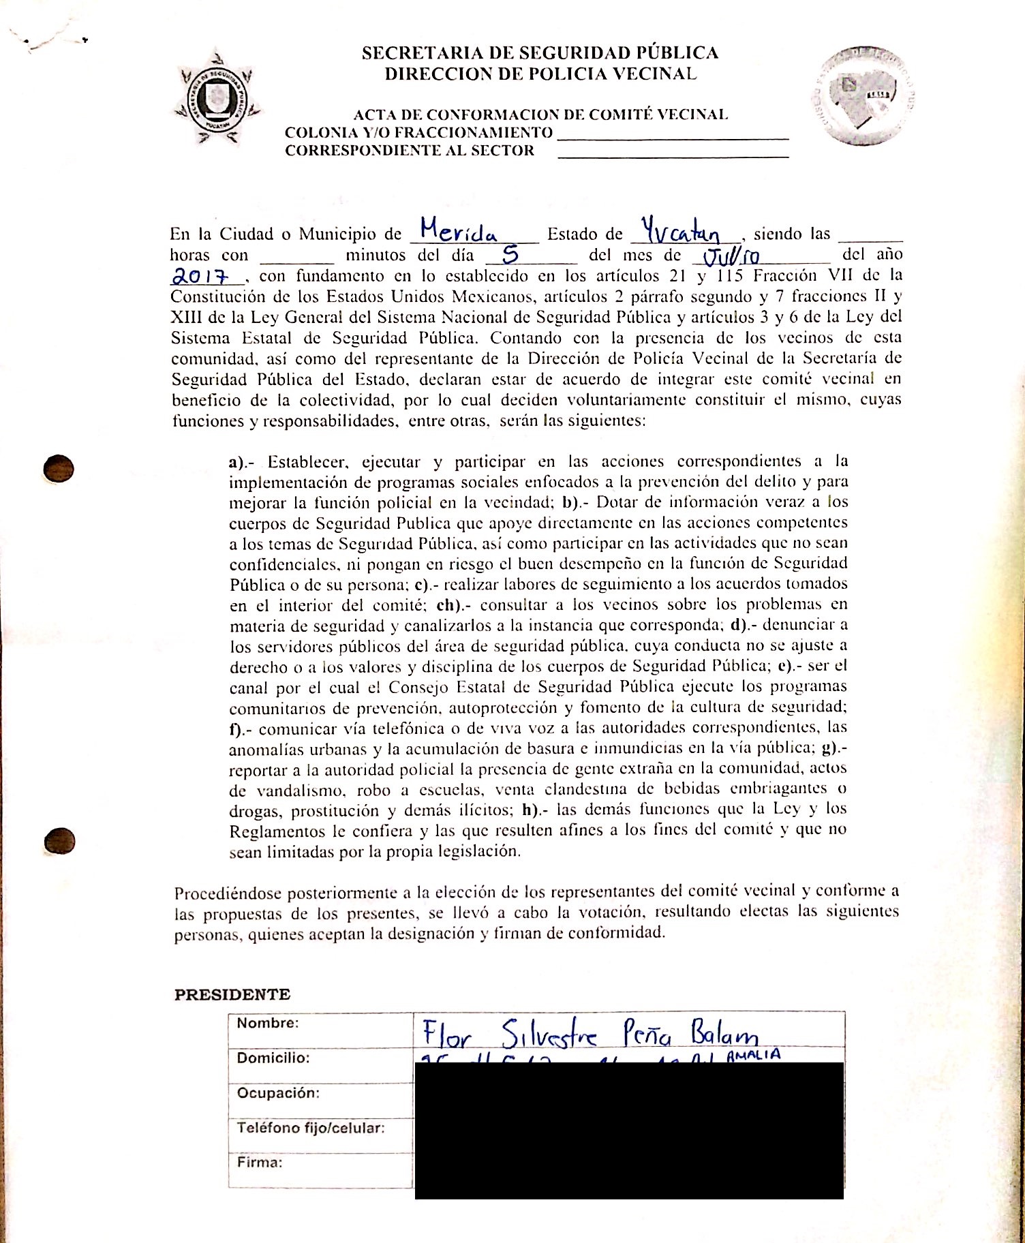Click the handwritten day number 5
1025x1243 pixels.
510,255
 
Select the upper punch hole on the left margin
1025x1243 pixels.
58,468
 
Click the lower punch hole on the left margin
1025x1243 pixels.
59,840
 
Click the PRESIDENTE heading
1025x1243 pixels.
232,994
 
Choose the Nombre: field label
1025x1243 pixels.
267,1023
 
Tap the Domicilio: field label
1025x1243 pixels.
273,1058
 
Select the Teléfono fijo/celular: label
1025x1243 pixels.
310,1128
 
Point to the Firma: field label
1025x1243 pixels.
259,1163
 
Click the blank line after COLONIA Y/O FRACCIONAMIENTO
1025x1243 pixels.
673,138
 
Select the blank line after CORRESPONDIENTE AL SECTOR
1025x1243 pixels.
673,157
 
